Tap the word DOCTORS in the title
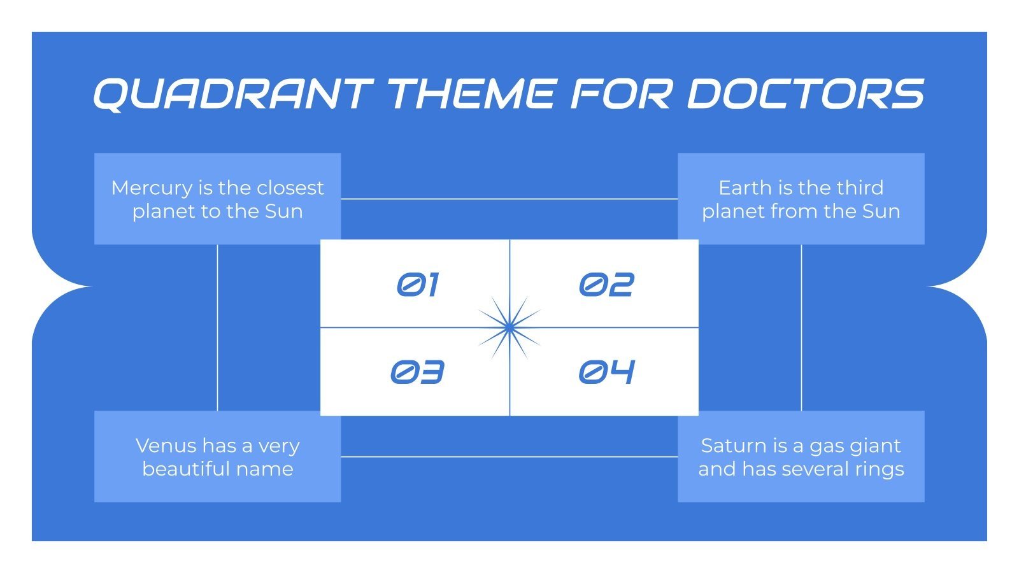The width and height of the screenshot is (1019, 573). point(805,94)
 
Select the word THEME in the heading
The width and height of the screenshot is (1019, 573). point(471,94)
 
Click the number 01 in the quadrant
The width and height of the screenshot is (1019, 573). point(418,285)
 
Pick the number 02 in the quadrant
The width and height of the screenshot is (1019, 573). point(606,285)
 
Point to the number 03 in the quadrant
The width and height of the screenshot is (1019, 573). point(417,372)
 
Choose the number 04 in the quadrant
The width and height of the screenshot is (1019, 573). point(606,372)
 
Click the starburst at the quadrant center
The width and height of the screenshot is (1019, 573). point(509,327)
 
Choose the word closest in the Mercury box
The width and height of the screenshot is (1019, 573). point(290,188)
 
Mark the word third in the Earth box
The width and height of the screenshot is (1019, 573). point(860,188)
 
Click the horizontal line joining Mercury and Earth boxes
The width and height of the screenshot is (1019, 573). point(509,199)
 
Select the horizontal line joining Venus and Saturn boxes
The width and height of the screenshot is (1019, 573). point(509,456)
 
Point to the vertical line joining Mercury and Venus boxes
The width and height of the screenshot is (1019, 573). point(218,327)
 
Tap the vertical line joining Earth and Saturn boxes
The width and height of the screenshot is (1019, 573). point(801,327)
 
